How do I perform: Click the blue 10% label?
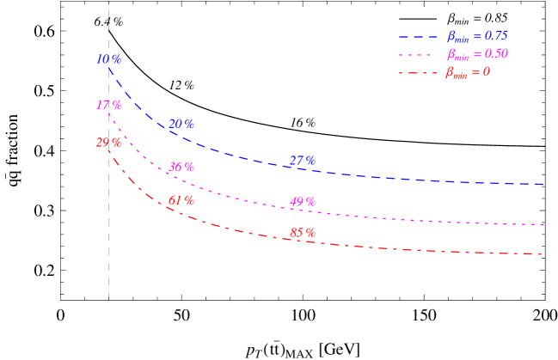click(x=109, y=59)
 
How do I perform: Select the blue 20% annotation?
click(x=181, y=124)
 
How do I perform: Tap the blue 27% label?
click(x=303, y=161)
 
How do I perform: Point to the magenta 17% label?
click(x=109, y=105)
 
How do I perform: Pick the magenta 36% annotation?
click(x=181, y=167)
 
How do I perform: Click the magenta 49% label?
click(x=303, y=202)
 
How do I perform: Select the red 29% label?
click(x=108, y=142)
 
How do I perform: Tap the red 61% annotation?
click(x=181, y=200)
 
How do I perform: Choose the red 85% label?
click(x=303, y=232)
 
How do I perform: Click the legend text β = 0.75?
click(x=477, y=36)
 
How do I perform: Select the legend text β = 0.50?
click(x=477, y=54)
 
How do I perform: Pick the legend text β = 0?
click(x=468, y=72)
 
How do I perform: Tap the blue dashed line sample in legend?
click(x=418, y=37)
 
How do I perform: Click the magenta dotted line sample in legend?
click(x=418, y=55)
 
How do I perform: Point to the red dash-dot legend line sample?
click(x=418, y=73)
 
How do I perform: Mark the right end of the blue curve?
click(x=543, y=184)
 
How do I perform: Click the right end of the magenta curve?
click(x=544, y=224)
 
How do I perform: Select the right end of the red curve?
click(x=542, y=254)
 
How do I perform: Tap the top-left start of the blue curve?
click(x=110, y=70)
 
